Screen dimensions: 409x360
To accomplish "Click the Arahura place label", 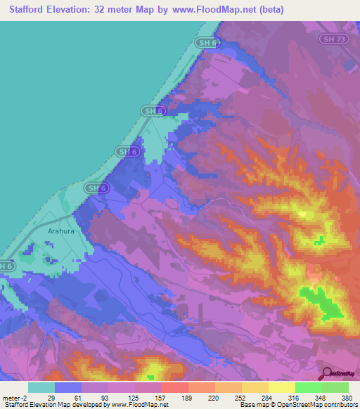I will [61, 230].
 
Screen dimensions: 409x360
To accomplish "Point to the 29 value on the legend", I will [51, 397].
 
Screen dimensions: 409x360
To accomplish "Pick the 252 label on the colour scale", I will [241, 397].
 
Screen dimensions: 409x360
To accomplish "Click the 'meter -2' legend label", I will [15, 397].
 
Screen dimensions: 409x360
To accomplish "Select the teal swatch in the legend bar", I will [41, 387].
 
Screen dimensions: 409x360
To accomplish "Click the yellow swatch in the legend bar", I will [281, 387].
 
